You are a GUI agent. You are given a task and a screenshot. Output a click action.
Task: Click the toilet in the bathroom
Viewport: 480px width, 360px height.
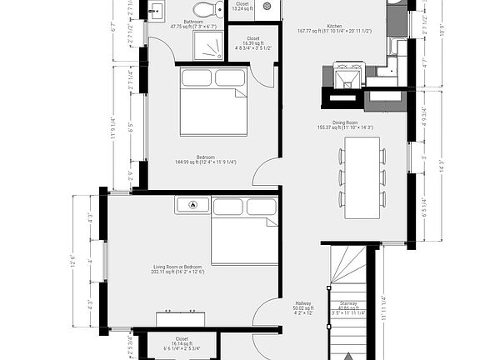pos(219,10)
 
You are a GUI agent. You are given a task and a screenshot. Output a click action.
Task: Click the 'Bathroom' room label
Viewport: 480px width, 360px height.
pos(193,23)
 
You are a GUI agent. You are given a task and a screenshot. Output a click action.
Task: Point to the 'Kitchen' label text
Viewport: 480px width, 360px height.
pos(333,27)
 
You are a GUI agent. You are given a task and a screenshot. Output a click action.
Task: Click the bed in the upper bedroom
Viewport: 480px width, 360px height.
pos(213,102)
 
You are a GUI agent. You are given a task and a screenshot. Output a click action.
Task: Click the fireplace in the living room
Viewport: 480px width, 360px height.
pos(193,205)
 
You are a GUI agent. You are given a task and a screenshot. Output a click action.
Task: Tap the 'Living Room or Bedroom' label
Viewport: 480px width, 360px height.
pos(177,268)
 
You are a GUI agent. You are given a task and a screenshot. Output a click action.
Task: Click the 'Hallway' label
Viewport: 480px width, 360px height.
pos(303,305)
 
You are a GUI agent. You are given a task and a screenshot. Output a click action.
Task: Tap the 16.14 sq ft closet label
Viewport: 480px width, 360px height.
pos(182,342)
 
